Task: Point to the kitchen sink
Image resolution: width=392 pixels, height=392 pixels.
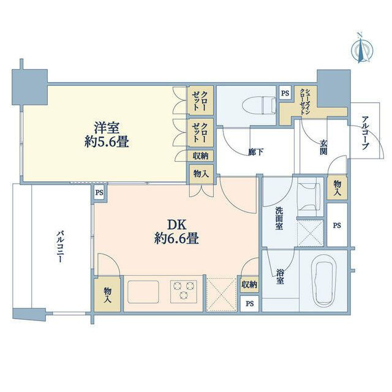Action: tap(143, 292)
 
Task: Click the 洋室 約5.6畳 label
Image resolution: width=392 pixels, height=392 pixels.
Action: tap(107, 135)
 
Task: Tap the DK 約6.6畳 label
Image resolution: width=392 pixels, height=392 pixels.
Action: tap(176, 232)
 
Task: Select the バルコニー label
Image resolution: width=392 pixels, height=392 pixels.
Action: tap(59, 247)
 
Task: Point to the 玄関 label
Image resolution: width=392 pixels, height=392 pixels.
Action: tap(323, 147)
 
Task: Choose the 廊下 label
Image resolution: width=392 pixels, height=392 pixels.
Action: tap(255, 152)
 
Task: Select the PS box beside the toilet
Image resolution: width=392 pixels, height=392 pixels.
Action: tap(285, 93)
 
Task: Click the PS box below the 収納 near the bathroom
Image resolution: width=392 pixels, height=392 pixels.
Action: tap(249, 304)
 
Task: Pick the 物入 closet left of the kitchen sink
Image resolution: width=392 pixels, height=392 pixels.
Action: tap(107, 294)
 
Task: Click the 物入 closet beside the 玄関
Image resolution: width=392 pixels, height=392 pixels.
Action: tap(337, 188)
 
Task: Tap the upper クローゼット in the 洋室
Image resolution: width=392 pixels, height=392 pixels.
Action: tap(200, 100)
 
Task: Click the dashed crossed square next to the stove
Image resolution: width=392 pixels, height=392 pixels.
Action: tap(222, 294)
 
